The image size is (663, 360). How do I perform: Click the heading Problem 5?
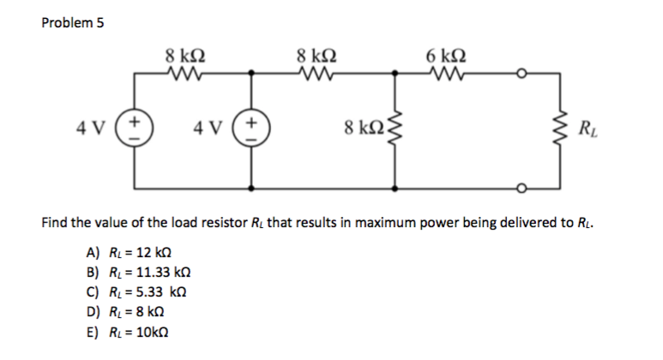(73, 23)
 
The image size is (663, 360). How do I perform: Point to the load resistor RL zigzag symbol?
(560, 131)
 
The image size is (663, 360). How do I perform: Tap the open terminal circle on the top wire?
(520, 75)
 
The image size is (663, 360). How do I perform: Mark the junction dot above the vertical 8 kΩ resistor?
(395, 75)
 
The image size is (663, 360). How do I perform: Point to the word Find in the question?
(56, 224)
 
